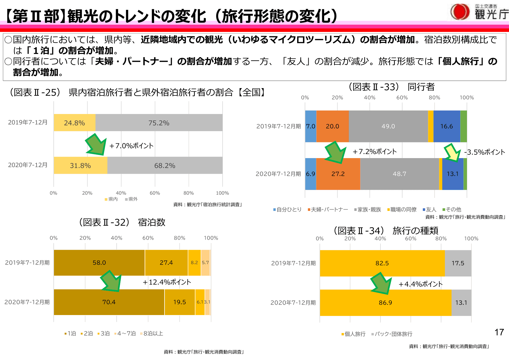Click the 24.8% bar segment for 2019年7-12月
tap(75, 123)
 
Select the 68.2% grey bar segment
tap(165, 166)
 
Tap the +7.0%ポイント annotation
tap(131, 146)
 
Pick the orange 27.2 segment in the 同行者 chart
tap(338, 174)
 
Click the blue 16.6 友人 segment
tap(447, 126)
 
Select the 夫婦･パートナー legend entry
tap(328, 209)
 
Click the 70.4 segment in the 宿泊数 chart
tap(109, 302)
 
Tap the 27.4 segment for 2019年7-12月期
tap(166, 263)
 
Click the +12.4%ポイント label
tap(167, 282)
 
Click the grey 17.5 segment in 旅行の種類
tap(458, 263)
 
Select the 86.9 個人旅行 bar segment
tap(385, 303)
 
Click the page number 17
tap(499, 332)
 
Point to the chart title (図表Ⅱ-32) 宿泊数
tap(122, 222)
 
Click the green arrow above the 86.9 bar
tap(381, 283)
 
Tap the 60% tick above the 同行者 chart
tap(402, 97)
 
